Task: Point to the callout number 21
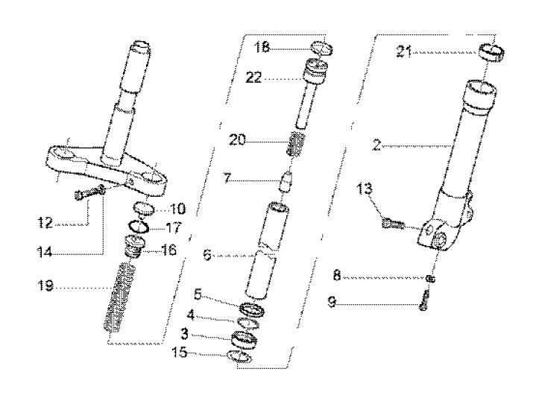click(x=406, y=51)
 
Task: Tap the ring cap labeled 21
click(x=491, y=51)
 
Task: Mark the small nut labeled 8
click(x=430, y=278)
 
